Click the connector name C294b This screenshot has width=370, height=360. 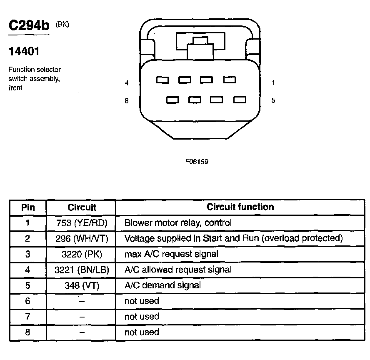tap(29, 26)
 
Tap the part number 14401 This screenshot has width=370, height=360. tap(24, 52)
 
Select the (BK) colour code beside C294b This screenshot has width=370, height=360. tap(62, 24)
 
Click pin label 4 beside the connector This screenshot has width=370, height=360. tap(127, 83)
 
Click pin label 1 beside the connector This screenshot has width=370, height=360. tap(273, 83)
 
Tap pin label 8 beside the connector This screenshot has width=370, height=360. tap(127, 101)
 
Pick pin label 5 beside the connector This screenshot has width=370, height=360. tap(273, 101)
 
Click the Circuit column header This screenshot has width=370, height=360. tap(82, 207)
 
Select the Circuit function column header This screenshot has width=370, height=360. tap(240, 207)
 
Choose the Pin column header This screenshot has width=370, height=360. tap(28, 207)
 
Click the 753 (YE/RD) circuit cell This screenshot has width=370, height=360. tap(82, 223)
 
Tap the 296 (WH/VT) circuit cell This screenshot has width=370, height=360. tap(82, 239)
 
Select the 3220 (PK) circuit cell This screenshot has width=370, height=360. tap(82, 254)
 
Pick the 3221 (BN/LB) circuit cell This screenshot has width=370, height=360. tap(82, 270)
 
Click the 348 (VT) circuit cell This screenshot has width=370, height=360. tap(82, 285)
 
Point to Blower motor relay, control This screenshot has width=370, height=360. tap(178, 223)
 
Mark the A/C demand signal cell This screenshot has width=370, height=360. tap(162, 285)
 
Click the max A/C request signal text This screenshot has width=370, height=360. tap(171, 254)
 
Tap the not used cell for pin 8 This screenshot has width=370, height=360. tap(142, 332)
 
